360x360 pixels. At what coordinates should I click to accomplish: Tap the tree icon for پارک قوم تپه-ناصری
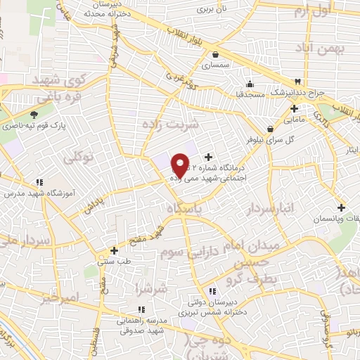pos(34,115)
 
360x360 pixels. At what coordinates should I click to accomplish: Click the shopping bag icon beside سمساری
pos(215,54)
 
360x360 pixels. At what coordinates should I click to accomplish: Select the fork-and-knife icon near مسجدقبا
pos(298,82)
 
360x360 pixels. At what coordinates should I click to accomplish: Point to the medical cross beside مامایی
pos(294,108)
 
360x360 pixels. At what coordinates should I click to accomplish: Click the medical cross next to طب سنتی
pos(114,250)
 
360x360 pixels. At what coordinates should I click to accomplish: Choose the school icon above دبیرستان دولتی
pos(212,291)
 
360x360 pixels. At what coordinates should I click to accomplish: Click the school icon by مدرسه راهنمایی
pos(141,309)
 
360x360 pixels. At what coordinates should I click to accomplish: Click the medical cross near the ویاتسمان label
pos(341,207)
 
